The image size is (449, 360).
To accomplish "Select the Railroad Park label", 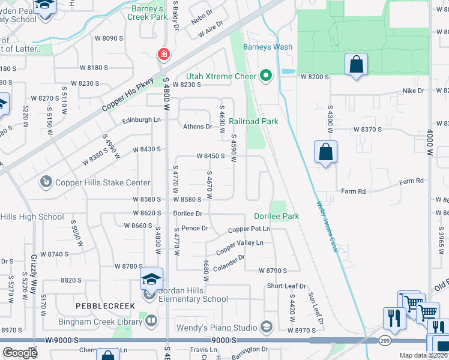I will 253,121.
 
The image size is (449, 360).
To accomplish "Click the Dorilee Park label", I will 276,216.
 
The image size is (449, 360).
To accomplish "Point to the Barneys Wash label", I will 268,47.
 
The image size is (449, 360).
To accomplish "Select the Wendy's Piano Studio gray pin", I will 267,328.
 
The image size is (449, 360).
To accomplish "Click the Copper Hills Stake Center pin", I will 46,181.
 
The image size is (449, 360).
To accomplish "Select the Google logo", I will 20,353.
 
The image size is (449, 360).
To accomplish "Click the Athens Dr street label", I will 197,127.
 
